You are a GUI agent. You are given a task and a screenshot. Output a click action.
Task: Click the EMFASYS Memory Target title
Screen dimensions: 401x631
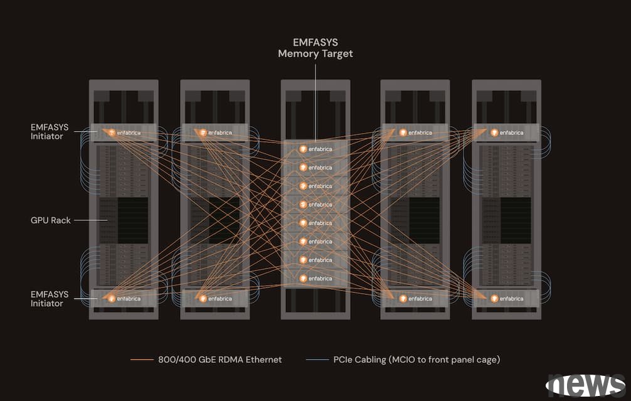click(x=315, y=48)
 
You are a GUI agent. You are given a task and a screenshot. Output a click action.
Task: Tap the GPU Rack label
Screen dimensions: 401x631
click(x=50, y=220)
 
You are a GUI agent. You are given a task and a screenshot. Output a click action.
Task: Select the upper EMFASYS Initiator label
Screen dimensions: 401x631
click(x=47, y=131)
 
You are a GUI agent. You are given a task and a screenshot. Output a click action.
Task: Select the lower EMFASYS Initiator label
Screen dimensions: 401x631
click(x=47, y=299)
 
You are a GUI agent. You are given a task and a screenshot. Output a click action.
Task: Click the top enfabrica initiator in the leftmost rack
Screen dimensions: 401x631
click(x=124, y=132)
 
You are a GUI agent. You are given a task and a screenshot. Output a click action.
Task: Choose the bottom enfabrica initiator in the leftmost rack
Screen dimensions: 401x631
click(x=124, y=299)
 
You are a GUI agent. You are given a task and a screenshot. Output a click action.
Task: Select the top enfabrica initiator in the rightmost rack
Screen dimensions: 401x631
click(x=507, y=132)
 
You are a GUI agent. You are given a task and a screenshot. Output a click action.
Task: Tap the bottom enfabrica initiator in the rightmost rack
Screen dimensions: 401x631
click(x=507, y=299)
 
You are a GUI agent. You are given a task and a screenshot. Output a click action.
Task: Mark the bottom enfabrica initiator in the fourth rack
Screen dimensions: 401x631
click(x=415, y=299)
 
